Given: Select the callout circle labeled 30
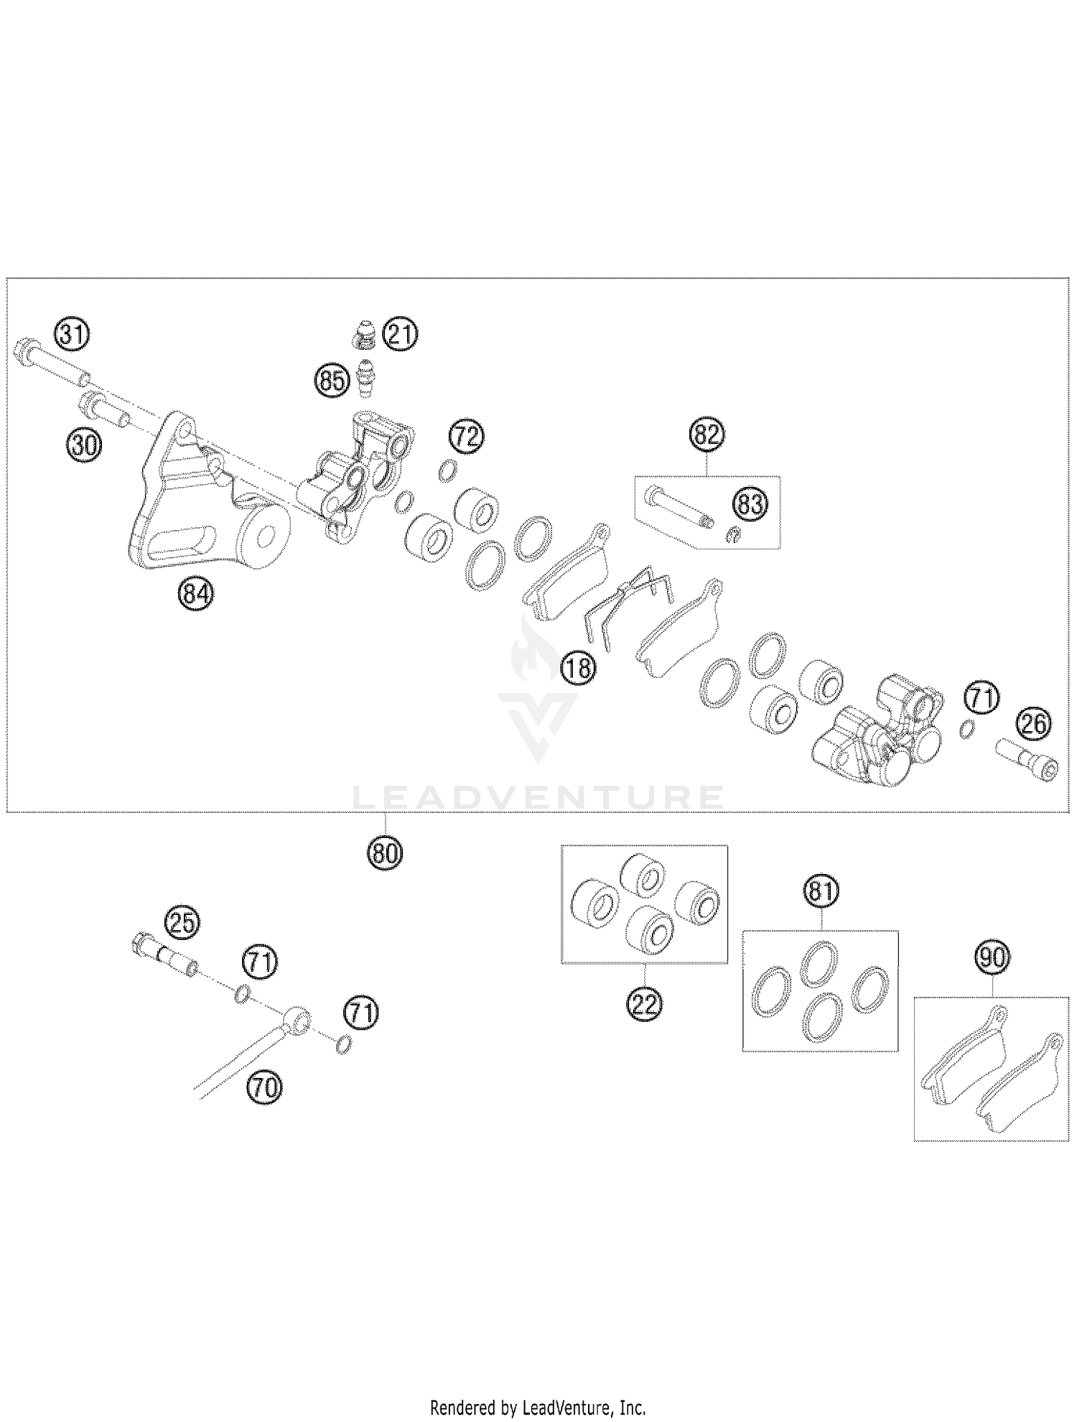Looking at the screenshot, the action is click(84, 446).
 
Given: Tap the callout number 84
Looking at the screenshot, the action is click(196, 595).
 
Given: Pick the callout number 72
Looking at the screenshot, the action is click(467, 437).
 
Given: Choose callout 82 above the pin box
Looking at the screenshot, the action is click(707, 436).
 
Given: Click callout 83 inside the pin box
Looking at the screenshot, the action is click(750, 504).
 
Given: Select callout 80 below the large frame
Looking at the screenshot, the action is click(386, 853).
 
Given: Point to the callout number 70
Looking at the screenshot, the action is click(264, 1089).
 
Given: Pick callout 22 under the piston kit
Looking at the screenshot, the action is click(644, 1005).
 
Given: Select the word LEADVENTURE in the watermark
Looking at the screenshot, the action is click(538, 797).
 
